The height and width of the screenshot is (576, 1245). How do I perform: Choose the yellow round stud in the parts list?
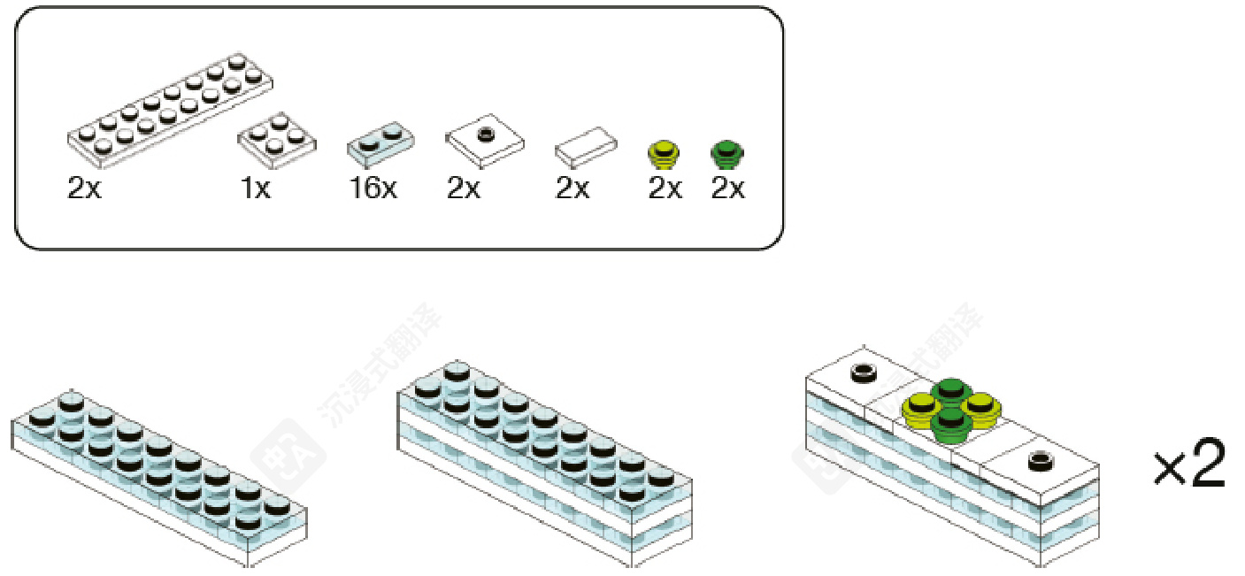[664, 155]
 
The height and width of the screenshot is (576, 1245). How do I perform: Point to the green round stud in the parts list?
[727, 155]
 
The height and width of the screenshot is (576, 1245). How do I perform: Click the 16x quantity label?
[374, 188]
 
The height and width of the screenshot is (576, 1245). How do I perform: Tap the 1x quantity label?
[256, 188]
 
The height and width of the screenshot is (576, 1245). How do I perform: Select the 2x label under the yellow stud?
[665, 188]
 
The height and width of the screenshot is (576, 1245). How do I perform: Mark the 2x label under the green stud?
[728, 188]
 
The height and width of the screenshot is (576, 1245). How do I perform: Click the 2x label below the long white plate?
[84, 188]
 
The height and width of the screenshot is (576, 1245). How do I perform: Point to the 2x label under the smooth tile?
[573, 188]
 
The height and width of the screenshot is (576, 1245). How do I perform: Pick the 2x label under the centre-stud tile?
[463, 188]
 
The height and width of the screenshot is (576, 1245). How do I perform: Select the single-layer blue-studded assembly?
[159, 473]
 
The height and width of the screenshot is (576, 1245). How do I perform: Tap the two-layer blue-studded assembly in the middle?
[544, 460]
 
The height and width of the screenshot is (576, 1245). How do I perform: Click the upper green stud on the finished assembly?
[951, 389]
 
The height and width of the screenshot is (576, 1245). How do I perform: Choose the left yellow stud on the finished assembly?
[920, 408]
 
